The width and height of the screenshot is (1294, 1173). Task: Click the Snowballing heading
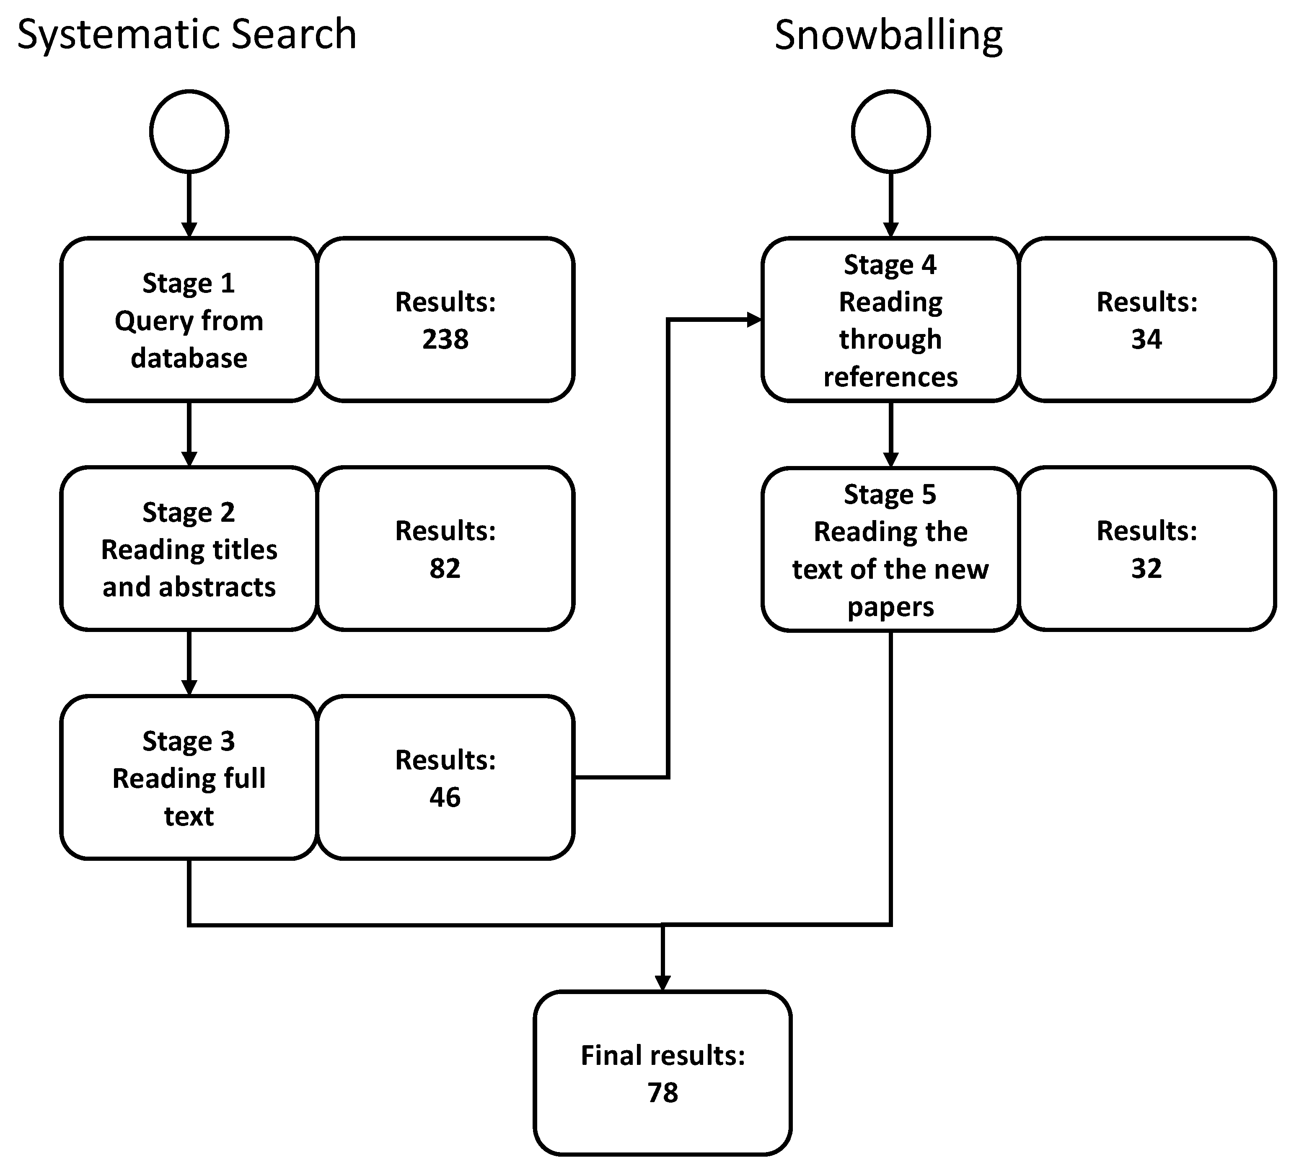888,35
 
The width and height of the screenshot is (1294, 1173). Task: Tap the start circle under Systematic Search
189,132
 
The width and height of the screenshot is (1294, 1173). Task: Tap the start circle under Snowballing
891,132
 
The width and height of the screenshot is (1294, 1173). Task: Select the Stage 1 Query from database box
189,320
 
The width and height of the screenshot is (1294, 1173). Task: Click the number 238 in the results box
445,339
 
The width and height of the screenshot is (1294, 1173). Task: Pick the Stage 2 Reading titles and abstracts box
189,549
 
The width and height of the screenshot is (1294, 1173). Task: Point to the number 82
445,568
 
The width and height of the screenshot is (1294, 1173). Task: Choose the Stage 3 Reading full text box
189,777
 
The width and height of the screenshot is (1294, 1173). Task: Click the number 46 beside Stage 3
445,797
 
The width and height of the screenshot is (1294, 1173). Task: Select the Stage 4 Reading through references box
890,320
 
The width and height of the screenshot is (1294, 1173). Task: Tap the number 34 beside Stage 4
1146,339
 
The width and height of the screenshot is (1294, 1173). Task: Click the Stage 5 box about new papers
890,549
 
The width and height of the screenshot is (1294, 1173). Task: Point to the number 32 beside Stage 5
1146,568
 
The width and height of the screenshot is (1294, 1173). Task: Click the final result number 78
663,1092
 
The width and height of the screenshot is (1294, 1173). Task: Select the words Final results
663,1056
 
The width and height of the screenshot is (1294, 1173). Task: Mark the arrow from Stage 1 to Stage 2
189,433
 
